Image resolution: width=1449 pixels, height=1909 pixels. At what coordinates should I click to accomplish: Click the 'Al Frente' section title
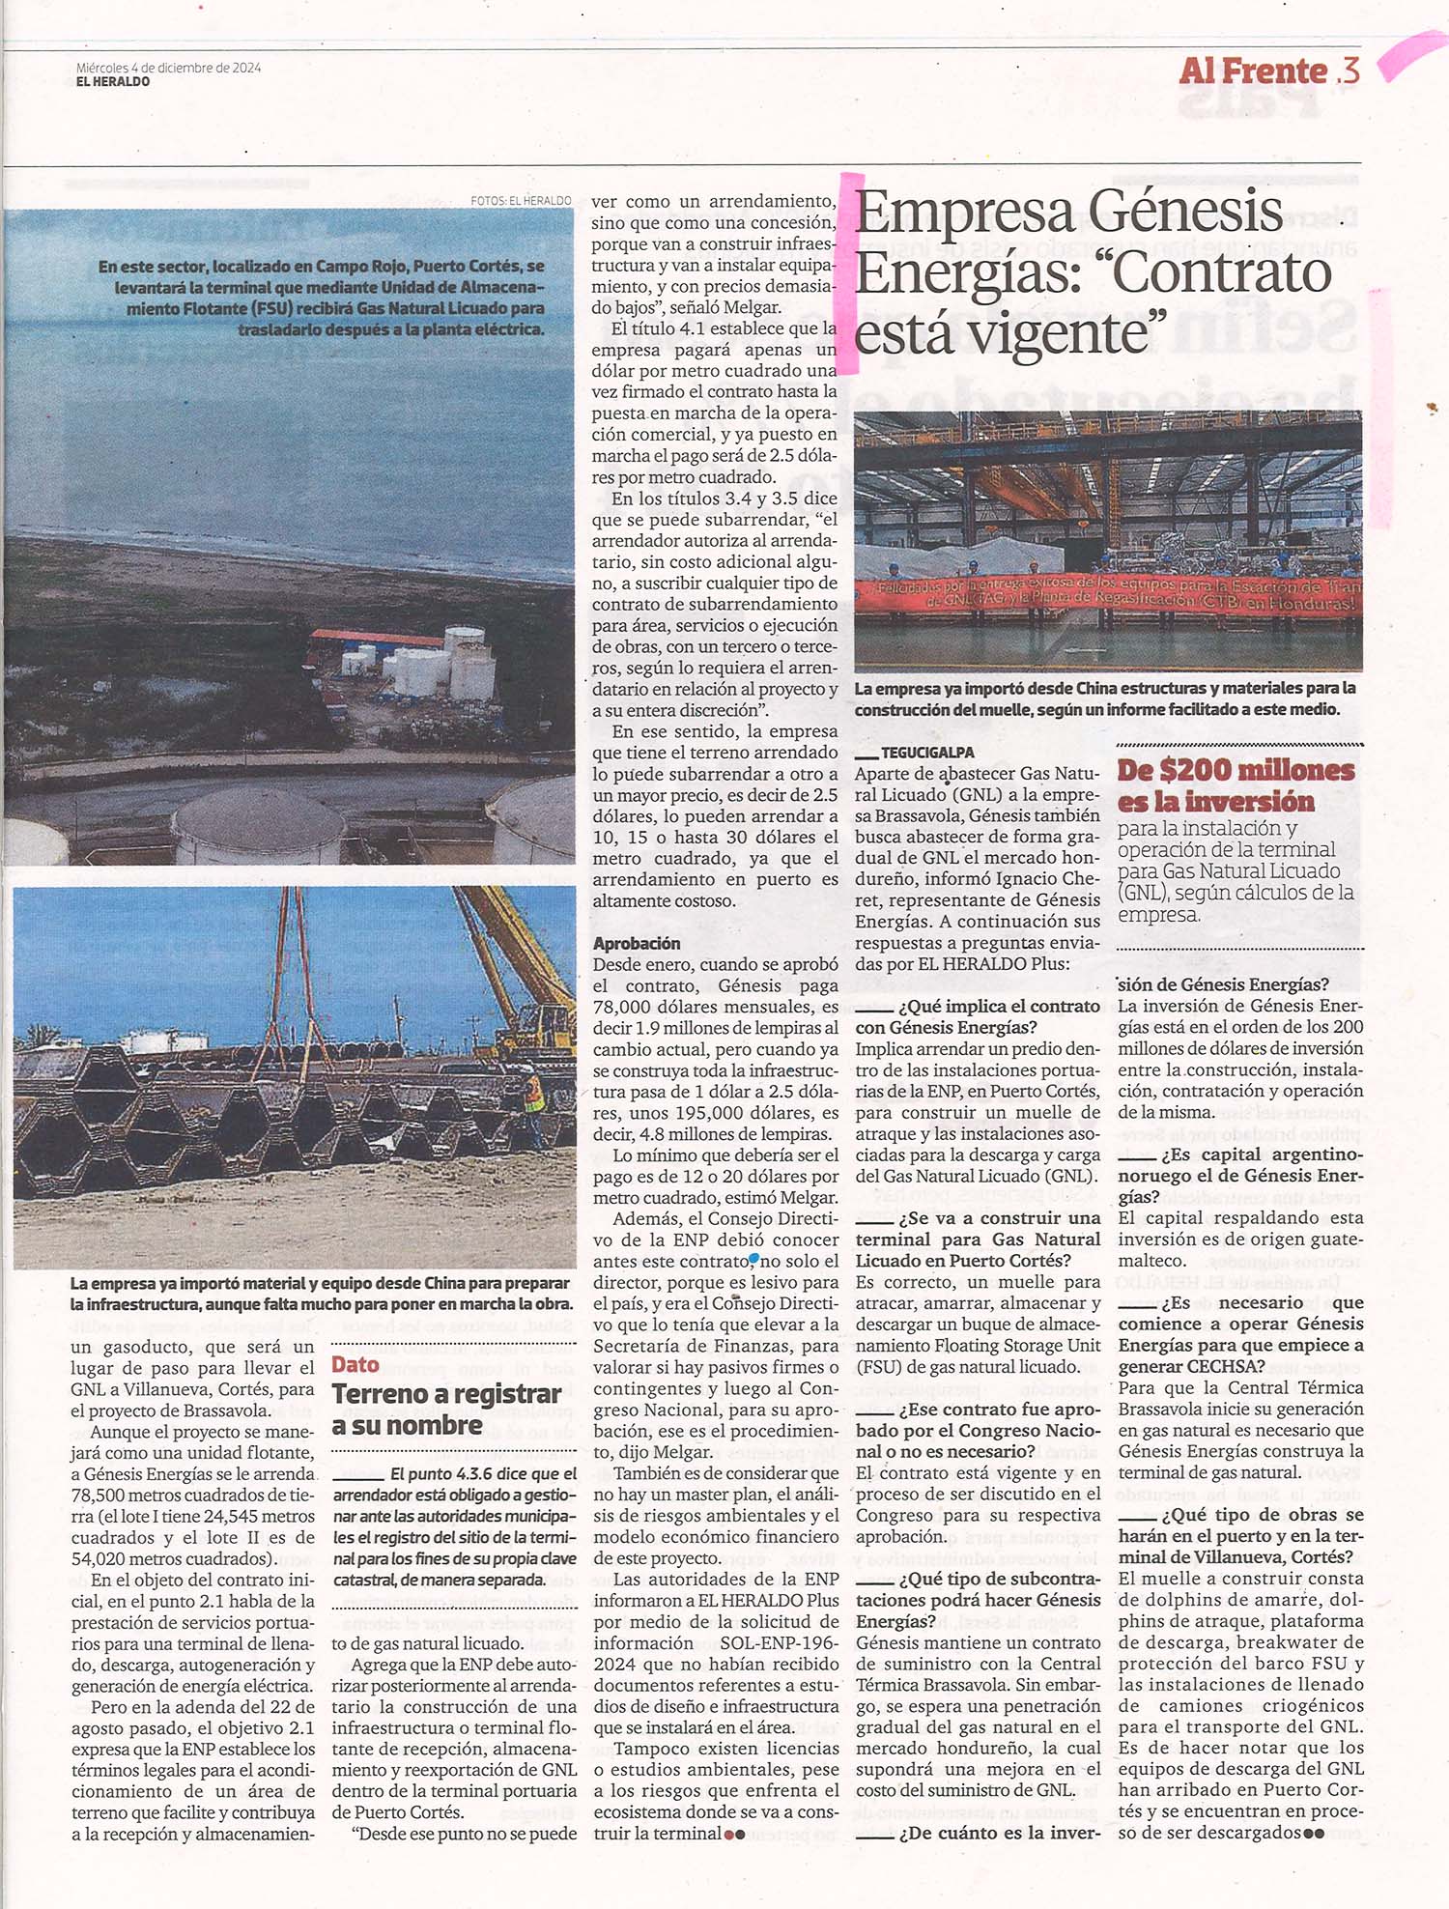1253,71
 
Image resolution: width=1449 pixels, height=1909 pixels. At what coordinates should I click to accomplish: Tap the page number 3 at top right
1350,71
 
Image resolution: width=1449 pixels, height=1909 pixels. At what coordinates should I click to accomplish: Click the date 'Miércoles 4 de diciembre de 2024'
168,68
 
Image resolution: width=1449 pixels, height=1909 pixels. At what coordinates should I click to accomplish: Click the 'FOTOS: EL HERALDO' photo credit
521,201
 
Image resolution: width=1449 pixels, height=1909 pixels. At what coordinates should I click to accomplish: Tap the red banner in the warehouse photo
1111,594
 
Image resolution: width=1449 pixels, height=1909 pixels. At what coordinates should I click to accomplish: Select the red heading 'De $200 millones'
1236,771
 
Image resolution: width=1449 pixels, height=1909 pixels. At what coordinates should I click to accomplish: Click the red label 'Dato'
355,1364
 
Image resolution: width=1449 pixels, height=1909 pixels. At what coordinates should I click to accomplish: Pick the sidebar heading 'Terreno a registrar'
446,1394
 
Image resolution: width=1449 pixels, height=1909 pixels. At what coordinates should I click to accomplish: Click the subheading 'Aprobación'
637,943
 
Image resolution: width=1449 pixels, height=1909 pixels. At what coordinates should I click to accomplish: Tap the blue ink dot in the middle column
753,1259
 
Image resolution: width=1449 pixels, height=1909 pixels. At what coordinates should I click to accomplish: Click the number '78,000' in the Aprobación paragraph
627,1007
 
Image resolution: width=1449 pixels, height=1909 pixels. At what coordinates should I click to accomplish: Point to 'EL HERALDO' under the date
113,82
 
